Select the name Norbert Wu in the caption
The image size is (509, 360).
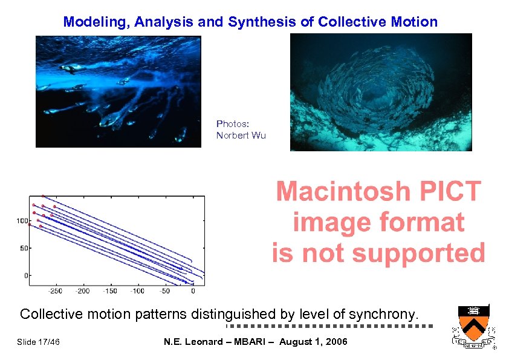[x=241, y=136]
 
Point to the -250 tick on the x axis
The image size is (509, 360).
[x=56, y=291]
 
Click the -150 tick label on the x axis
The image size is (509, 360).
[x=110, y=291]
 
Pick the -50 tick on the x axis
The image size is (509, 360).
[x=165, y=291]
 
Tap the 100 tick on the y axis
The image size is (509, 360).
[x=22, y=221]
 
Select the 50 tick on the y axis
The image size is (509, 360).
[x=23, y=249]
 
